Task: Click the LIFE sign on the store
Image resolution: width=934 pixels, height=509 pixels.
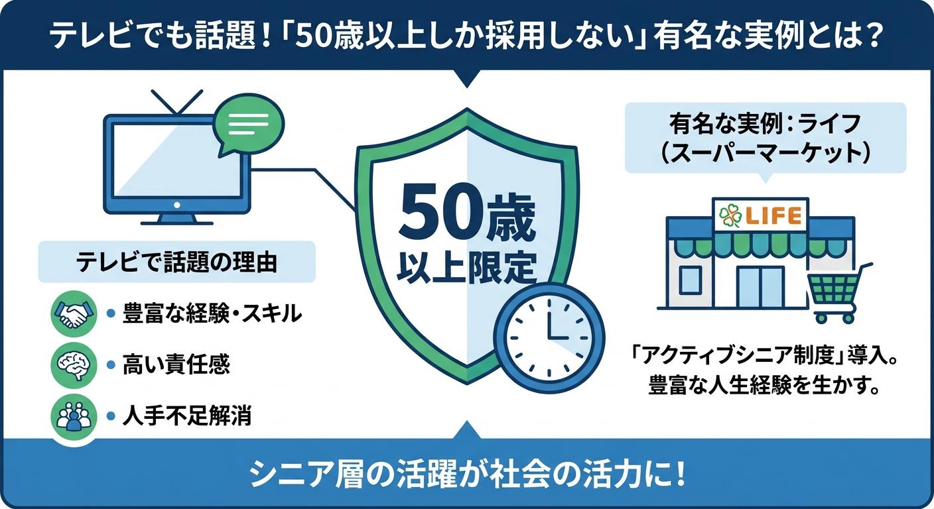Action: click(761, 215)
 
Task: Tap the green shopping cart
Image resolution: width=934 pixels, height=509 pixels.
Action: click(836, 292)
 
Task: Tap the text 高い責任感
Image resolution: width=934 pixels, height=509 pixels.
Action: click(176, 364)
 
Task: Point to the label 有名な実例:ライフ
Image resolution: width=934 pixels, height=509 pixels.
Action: click(766, 123)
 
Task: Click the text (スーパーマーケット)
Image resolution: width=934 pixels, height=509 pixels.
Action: click(766, 152)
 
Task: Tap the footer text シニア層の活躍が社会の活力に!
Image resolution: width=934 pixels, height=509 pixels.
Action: click(467, 474)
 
